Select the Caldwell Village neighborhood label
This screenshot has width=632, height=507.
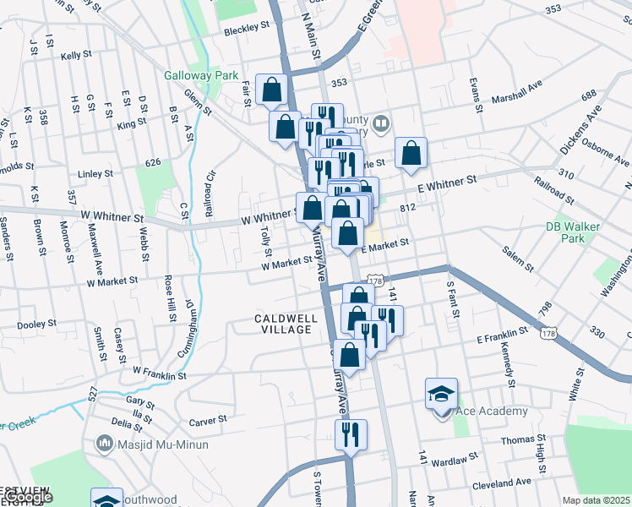coord(286,324)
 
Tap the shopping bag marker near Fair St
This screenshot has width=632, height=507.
coord(271,90)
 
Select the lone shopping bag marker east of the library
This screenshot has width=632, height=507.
coord(411,153)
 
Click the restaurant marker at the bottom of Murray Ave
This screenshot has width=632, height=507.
coord(349,435)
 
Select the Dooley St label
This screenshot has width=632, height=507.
coord(36,324)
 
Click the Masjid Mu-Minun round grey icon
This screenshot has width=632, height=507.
coord(105,443)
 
